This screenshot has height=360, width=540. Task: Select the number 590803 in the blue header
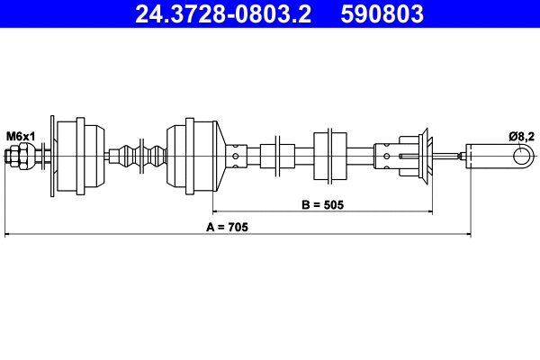click(x=380, y=14)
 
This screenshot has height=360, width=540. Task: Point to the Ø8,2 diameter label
click(x=522, y=136)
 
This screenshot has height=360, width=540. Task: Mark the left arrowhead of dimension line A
click(x=9, y=236)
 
